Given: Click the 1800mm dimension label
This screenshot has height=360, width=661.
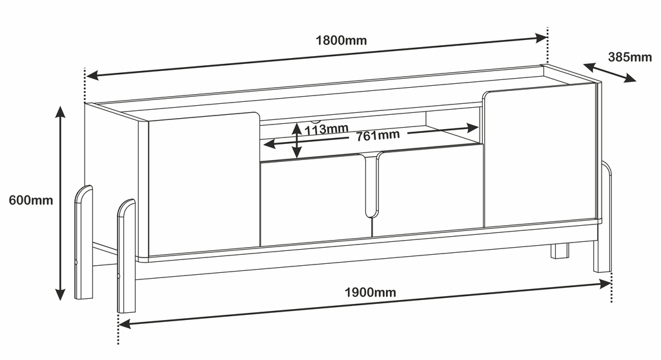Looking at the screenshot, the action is coord(341,41).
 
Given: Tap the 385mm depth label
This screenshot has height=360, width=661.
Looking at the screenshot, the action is coord(630,57).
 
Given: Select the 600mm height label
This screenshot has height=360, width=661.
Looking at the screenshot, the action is coord(31,200).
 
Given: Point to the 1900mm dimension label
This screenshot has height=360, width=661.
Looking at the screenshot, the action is coord(371,292).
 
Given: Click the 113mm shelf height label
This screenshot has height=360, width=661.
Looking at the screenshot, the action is coord(327,129).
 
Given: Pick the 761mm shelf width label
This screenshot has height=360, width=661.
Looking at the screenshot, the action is coord(378,135).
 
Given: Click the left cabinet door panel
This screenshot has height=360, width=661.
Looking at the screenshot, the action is coord(204,184).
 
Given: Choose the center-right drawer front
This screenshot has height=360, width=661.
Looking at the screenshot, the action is coord(428,190).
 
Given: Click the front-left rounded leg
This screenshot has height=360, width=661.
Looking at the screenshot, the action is coord(126,256).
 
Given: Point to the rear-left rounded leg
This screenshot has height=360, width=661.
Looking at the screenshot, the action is coord(83,243).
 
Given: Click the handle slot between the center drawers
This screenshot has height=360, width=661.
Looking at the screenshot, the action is coord(371,185).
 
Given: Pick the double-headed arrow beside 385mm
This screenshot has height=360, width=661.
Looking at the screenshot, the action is coord(609,72).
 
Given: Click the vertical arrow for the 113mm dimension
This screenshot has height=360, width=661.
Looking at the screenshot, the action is coord(297,141).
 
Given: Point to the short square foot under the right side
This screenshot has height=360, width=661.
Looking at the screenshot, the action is coord(560,251).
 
